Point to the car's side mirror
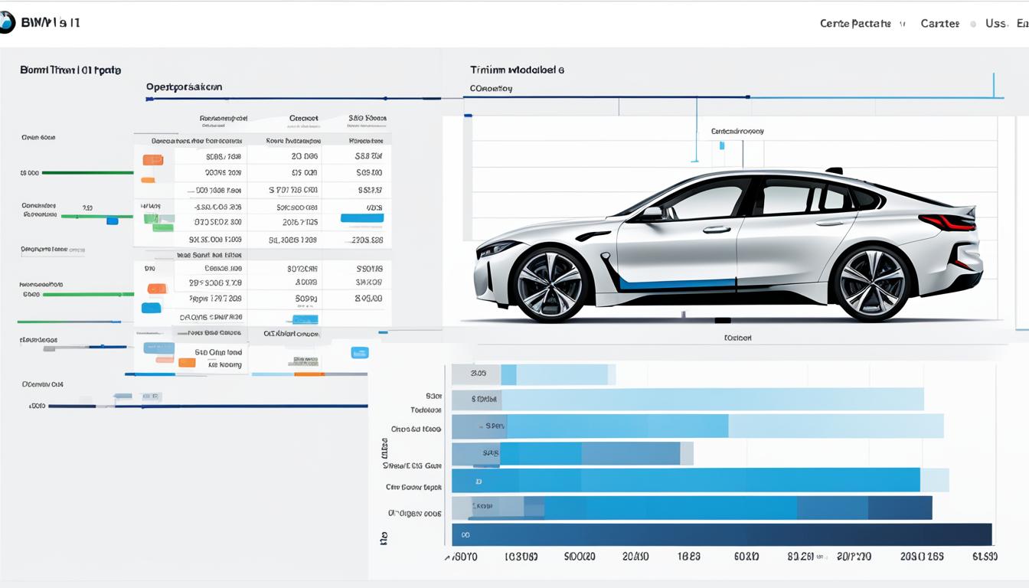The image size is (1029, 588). (x=652, y=214)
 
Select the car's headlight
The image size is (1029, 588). (x=498, y=248)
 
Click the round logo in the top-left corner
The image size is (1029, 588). (x=6, y=23)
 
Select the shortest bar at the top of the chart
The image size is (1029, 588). (x=533, y=374)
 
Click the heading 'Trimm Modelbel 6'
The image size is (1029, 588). (x=517, y=70)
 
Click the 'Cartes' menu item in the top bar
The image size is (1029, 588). (x=939, y=24)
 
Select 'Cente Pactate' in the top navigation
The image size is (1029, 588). (x=855, y=24)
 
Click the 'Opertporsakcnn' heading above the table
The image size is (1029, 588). (x=184, y=87)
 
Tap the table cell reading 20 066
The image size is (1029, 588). (x=304, y=155)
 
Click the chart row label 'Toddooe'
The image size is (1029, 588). (x=426, y=410)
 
